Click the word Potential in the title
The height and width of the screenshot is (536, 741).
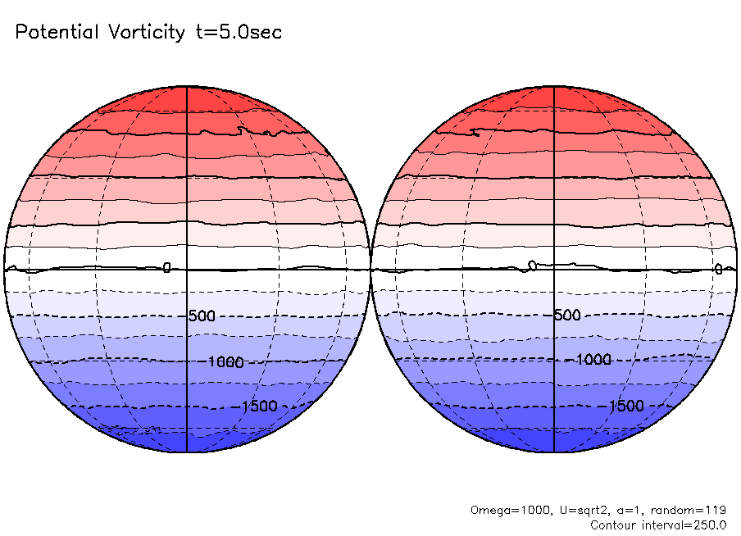[x=56, y=33]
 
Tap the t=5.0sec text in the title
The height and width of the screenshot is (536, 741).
[x=238, y=33]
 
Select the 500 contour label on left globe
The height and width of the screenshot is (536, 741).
[x=201, y=316]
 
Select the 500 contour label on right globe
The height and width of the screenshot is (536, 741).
[x=567, y=316]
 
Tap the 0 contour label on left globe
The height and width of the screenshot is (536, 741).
[x=166, y=268]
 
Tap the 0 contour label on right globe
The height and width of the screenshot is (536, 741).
[x=718, y=269]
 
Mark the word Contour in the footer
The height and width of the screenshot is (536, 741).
[x=615, y=524]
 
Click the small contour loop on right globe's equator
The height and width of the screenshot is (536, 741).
[x=532, y=265]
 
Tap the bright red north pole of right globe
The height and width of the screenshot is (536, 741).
[x=555, y=93]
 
